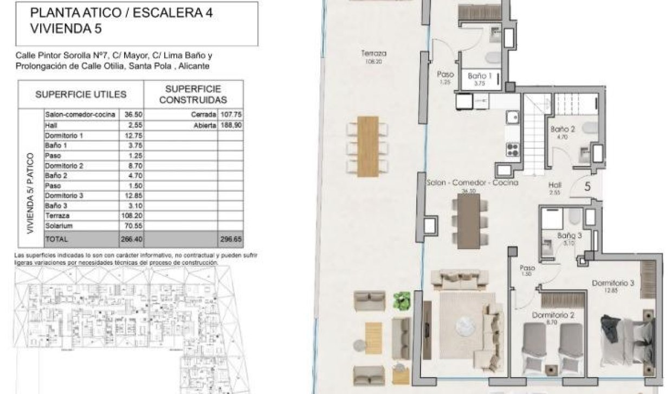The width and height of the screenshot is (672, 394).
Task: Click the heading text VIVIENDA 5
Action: (66, 29)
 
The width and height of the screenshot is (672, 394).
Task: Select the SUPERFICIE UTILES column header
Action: (81, 94)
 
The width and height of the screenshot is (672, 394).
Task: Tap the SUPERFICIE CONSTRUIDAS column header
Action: (193, 94)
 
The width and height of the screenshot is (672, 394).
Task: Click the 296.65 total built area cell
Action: (230, 238)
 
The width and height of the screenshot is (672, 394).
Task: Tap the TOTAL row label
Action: (56, 238)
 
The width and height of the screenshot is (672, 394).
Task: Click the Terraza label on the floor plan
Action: (373, 54)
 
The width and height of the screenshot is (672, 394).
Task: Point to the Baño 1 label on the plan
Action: (479, 77)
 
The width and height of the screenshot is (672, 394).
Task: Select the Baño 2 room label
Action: (562, 130)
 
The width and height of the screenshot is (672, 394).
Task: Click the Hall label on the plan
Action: (554, 185)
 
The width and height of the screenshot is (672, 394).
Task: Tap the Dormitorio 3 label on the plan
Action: (612, 283)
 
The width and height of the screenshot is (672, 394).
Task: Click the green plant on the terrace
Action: (402, 301)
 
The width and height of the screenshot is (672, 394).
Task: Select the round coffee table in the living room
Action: (465, 326)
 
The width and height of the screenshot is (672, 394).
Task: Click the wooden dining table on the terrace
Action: (368, 146)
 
